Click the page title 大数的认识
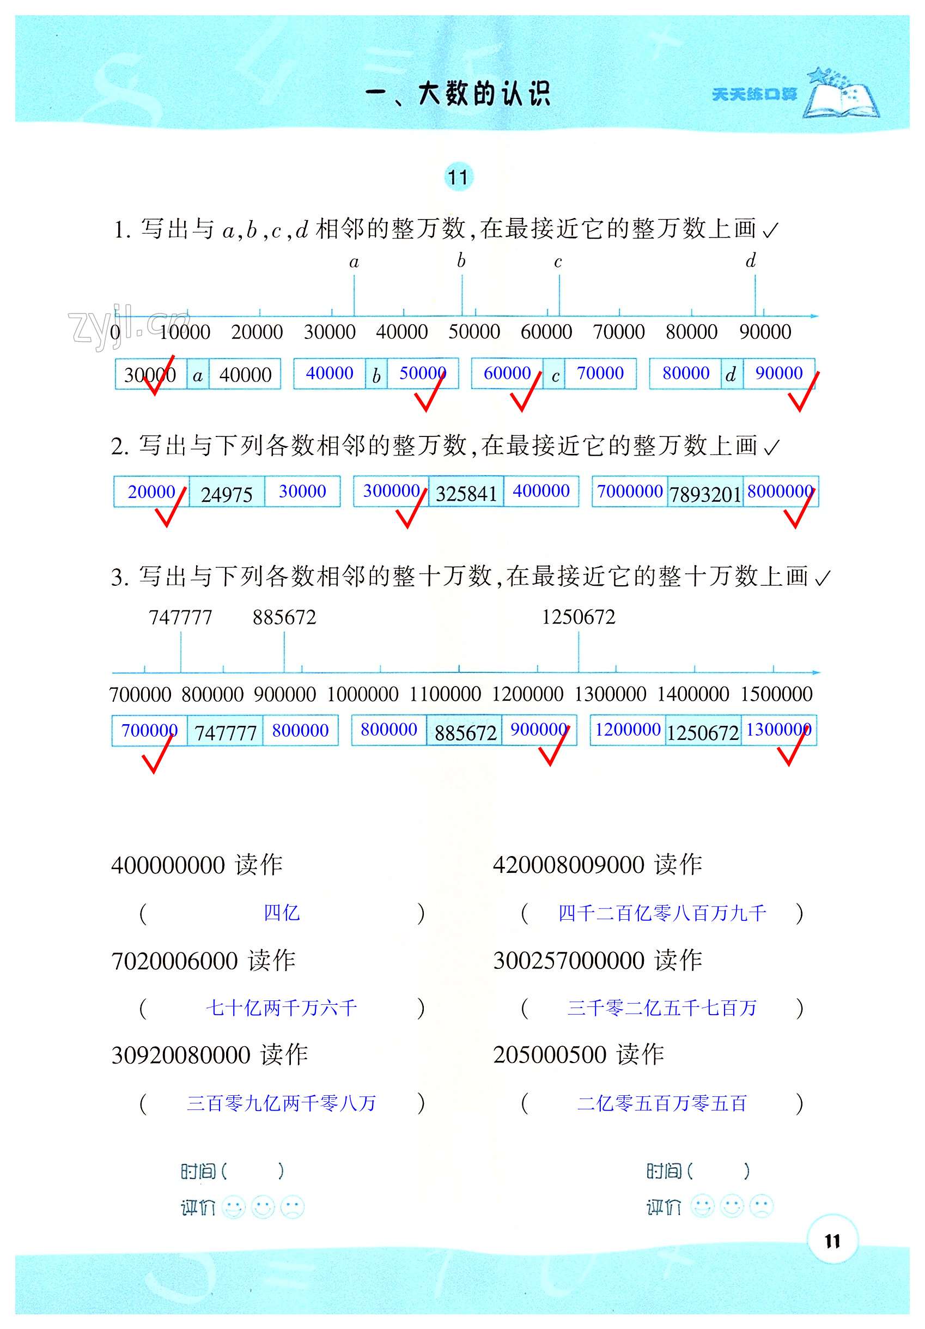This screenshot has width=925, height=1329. click(483, 94)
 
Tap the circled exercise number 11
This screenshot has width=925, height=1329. click(459, 177)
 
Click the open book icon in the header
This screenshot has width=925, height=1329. click(843, 95)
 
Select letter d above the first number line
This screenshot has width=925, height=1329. click(751, 261)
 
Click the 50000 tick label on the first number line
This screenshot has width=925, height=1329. click(474, 332)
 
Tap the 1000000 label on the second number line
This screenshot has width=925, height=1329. click(363, 694)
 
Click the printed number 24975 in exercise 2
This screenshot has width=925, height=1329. click(226, 495)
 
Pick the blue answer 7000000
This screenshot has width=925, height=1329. click(629, 491)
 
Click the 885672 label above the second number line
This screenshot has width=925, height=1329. click(284, 617)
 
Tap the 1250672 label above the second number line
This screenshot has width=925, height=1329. click(579, 617)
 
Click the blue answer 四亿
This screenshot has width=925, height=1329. click(282, 913)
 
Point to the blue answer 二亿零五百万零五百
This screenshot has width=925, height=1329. click(662, 1103)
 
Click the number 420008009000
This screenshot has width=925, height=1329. click(568, 865)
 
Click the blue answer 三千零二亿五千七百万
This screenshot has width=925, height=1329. click(662, 1008)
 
